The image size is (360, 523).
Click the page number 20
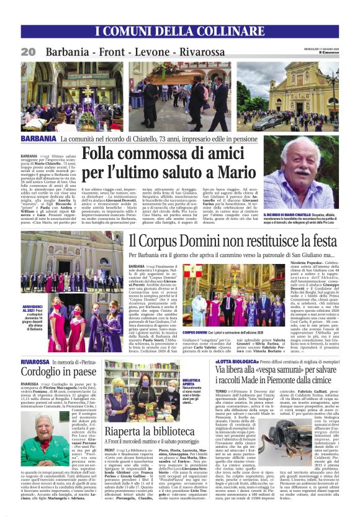pos(28,52)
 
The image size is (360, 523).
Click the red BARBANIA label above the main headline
pos(39,137)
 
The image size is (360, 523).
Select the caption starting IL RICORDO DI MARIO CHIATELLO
pos(300,215)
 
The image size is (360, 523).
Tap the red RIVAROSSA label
pos(35,361)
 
